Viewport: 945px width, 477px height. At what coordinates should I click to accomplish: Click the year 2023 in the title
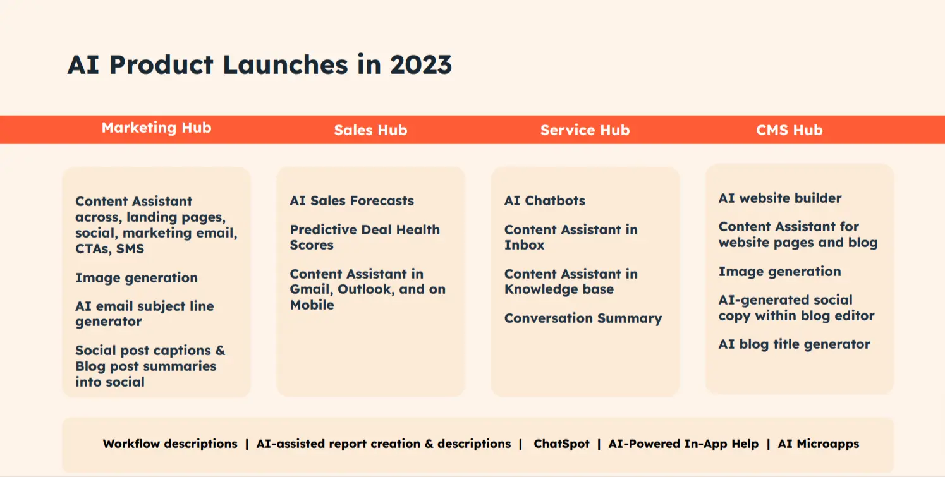tap(420, 65)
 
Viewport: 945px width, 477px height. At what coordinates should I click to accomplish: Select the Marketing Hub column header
tap(156, 128)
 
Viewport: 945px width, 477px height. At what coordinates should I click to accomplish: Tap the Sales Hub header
tap(370, 130)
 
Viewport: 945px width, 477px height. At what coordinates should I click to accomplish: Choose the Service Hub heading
tap(585, 130)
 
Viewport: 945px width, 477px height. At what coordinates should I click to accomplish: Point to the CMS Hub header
tap(789, 130)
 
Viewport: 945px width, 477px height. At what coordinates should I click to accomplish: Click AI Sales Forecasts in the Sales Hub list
tap(351, 201)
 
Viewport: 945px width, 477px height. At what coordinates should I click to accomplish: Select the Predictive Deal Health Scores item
tap(364, 237)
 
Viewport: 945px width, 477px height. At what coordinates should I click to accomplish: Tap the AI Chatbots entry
tap(544, 201)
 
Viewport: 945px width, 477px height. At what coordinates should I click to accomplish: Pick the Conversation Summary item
tap(583, 318)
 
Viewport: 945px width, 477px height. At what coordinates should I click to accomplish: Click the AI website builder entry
tap(779, 198)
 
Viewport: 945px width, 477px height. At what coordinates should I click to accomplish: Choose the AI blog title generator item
tap(794, 344)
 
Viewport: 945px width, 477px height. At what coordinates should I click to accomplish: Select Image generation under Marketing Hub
tap(136, 278)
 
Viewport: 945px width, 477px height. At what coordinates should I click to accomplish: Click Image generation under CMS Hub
tap(779, 272)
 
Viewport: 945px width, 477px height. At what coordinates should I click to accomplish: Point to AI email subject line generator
tap(144, 314)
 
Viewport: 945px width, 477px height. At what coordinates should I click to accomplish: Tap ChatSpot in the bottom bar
tap(561, 444)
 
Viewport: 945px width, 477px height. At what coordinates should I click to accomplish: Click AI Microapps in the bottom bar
tap(818, 444)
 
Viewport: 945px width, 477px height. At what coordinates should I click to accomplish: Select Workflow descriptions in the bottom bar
tap(170, 444)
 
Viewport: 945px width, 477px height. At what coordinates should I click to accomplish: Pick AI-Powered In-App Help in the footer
tap(683, 444)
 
